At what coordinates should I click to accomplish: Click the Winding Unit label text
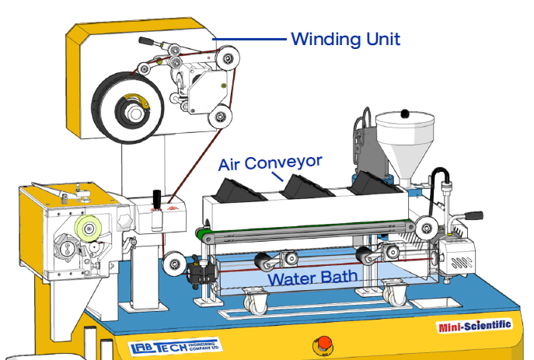point(346,38)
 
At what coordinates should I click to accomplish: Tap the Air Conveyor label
point(270,163)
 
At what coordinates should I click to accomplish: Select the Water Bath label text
point(312,276)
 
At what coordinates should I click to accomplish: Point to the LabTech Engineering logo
point(174,347)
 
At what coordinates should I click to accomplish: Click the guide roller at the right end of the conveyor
point(425,228)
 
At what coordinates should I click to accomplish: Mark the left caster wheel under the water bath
point(254,299)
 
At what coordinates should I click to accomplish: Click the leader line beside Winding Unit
point(248,38)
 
